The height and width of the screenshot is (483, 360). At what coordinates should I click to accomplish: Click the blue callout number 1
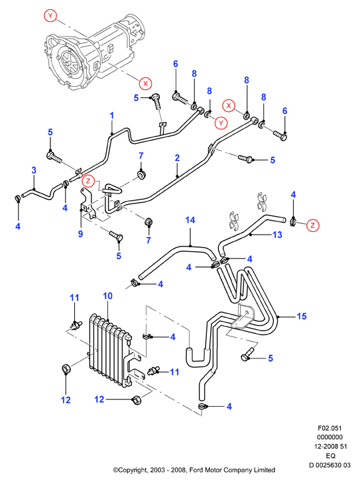[112, 115]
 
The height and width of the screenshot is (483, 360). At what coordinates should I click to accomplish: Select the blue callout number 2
[177, 158]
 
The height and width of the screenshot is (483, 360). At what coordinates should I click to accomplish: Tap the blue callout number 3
[34, 170]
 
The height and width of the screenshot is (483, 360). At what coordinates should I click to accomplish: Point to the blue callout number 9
[80, 234]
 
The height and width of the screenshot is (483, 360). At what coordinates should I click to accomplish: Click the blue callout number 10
[107, 296]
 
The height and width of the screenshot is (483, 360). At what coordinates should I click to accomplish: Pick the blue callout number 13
[277, 235]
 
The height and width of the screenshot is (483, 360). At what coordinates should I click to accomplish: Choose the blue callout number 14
[190, 220]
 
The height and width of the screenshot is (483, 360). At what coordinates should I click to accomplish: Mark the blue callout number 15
[302, 316]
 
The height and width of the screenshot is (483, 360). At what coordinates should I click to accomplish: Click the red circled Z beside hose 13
[312, 225]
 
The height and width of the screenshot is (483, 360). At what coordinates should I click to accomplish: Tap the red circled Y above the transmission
[50, 15]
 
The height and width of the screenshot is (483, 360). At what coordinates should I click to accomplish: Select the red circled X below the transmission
[145, 83]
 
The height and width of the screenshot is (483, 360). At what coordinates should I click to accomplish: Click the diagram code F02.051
[330, 428]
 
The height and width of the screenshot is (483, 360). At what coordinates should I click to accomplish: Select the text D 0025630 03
[330, 465]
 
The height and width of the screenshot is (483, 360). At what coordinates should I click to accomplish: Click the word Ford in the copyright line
[196, 470]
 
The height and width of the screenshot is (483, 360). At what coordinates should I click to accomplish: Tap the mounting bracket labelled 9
[88, 203]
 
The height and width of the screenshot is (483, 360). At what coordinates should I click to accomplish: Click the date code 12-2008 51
[330, 447]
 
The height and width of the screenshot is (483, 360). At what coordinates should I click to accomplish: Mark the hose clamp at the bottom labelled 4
[204, 407]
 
